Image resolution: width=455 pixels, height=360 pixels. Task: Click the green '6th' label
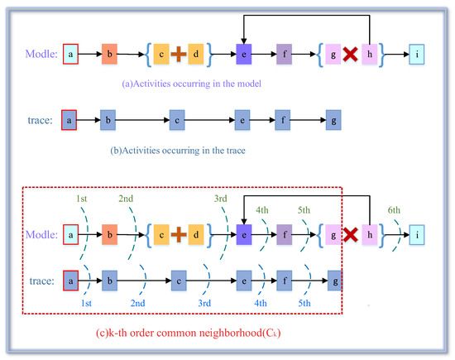pyautogui.click(x=395, y=211)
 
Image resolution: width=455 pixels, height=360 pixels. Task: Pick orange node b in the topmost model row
pyautogui.click(x=110, y=54)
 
